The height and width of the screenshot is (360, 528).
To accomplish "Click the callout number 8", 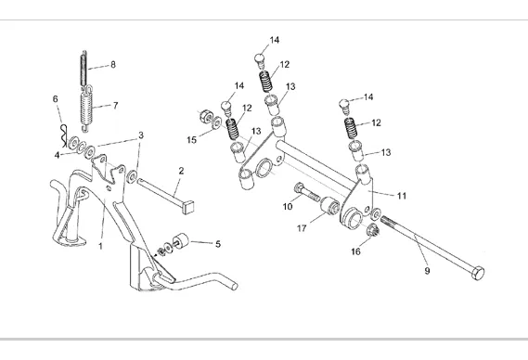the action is (113, 64).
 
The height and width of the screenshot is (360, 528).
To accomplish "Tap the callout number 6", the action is (56, 98).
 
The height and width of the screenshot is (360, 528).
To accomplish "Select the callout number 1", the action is (100, 246).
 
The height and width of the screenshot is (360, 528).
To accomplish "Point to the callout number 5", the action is (218, 244).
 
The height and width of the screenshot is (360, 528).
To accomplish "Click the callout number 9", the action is (427, 270).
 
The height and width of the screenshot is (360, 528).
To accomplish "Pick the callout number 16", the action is (355, 251).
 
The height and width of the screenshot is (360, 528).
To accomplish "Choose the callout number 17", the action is (302, 228).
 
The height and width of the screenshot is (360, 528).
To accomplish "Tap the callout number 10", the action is (288, 206).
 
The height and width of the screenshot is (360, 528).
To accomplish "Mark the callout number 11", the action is (402, 196).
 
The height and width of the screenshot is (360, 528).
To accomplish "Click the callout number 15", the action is (191, 139).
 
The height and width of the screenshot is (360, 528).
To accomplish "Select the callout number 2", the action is (181, 171).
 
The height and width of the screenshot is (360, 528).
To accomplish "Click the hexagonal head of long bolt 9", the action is (479, 273).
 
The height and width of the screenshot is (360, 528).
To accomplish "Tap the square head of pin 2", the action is (187, 207).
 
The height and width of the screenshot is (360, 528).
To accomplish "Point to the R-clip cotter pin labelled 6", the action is (64, 135).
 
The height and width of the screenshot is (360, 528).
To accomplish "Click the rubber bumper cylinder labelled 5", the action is (180, 241).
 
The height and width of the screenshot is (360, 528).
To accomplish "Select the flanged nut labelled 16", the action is (373, 229).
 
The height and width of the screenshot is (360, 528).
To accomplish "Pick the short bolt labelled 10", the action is (307, 192).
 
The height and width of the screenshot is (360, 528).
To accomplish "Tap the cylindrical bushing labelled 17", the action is (330, 206).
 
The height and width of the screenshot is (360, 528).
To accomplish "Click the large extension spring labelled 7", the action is (86, 109).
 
